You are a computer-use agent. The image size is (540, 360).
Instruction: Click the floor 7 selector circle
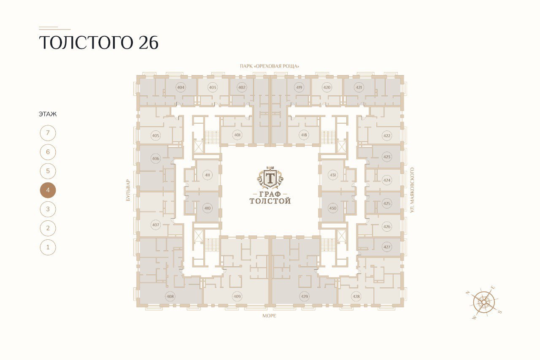click(48, 133)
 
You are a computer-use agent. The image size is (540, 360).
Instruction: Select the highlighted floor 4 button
click(48, 190)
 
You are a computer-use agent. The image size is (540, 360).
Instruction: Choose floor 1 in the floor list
click(48, 247)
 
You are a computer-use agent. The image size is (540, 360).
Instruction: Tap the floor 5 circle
click(48, 171)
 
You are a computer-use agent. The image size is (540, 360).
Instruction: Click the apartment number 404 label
click(181, 87)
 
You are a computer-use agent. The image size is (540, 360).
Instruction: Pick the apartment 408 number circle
click(170, 296)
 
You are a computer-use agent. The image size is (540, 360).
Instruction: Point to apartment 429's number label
click(305, 296)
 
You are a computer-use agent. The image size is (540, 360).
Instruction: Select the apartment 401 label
click(238, 135)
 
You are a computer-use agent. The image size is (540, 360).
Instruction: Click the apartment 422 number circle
click(387, 135)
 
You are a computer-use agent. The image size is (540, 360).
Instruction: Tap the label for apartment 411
click(207, 175)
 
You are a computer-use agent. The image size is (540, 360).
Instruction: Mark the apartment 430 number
click(333, 208)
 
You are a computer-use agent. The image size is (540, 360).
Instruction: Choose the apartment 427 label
click(387, 247)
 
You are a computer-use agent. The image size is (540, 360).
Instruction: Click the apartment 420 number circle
click(327, 87)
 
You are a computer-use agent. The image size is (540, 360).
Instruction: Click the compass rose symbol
click(483, 302)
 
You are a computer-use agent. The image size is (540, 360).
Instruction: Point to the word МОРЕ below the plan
click(269, 316)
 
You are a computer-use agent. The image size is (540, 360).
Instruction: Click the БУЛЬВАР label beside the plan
click(128, 190)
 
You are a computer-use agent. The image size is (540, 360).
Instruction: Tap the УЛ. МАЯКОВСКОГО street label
click(412, 190)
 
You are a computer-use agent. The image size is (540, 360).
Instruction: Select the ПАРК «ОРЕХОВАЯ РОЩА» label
click(269, 66)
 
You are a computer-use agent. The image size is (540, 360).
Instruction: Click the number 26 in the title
click(148, 43)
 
